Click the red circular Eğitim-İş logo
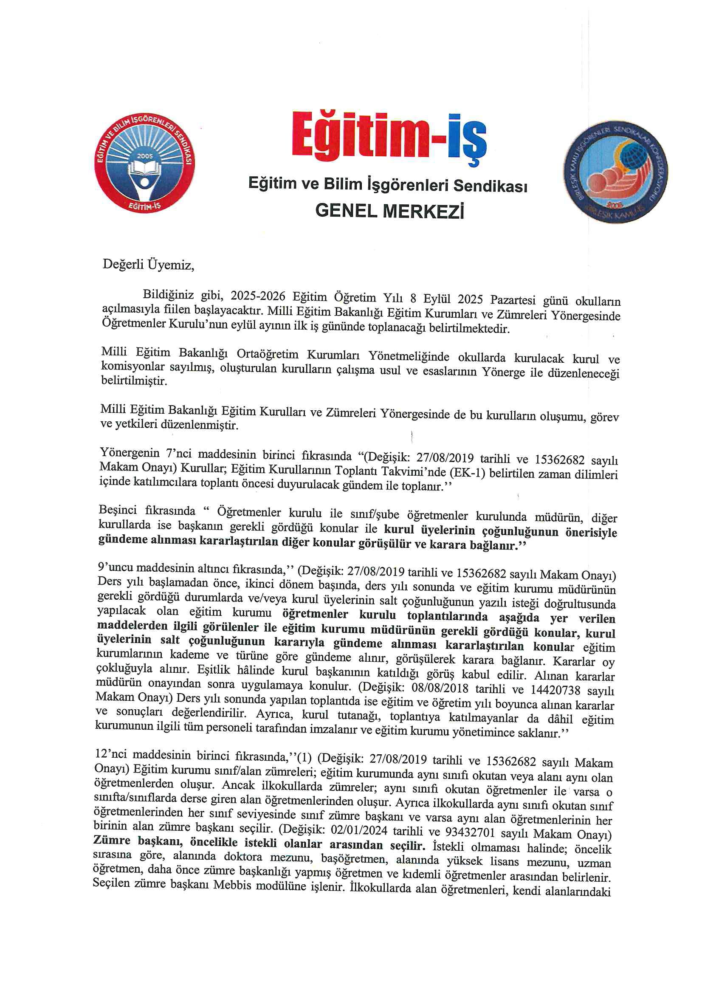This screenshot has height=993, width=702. pos(144,164)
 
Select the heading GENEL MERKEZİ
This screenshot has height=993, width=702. pos(390,211)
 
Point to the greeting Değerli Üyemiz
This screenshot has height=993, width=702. pos(148,265)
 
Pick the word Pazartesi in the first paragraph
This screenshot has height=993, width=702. pos(512,300)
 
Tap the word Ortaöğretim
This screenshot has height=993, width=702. pos(267,354)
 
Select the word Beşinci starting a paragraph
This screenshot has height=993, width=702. pos(118,511)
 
